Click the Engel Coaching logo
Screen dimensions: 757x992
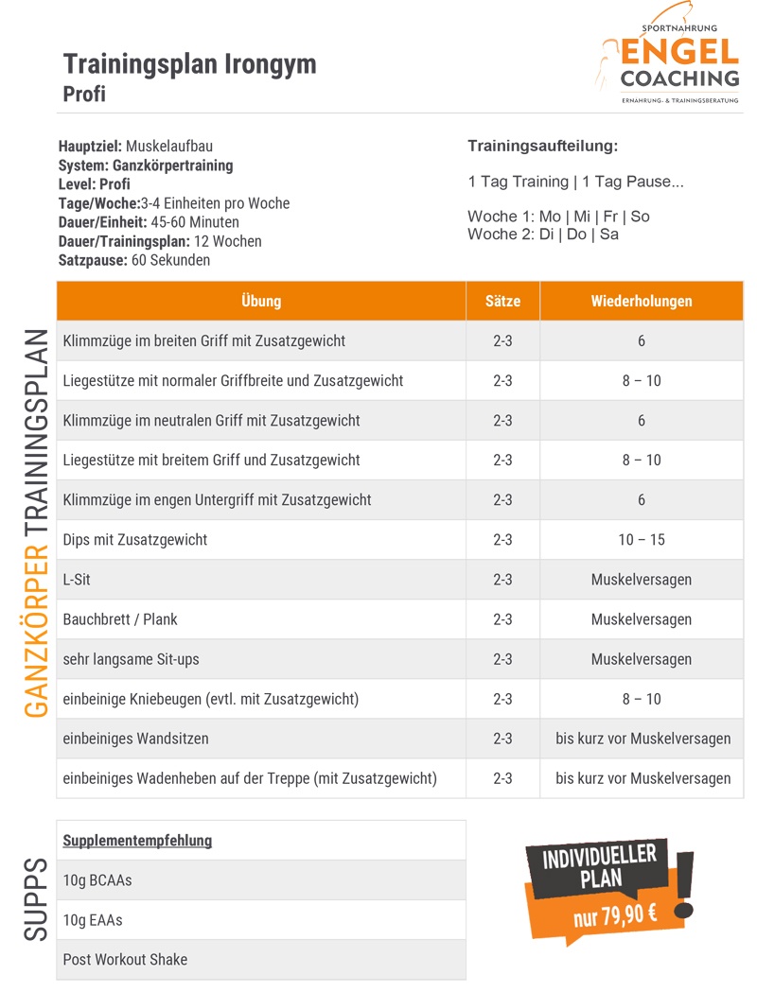pos(668,62)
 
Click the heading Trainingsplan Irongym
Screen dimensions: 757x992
pos(189,64)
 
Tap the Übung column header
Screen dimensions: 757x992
pos(261,301)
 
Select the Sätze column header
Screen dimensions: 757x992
pos(502,301)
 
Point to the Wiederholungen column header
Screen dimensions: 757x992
pos(642,301)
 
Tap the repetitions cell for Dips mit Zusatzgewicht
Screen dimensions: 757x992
pos(642,539)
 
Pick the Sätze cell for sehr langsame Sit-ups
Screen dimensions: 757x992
pos(502,658)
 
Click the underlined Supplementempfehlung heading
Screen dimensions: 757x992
pos(137,840)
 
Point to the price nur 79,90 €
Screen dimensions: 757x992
pos(615,914)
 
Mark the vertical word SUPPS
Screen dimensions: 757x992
pos(36,898)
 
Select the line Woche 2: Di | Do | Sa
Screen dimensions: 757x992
pos(542,234)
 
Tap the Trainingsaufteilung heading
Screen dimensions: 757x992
pos(542,146)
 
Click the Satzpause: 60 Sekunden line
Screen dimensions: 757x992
pos(134,259)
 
